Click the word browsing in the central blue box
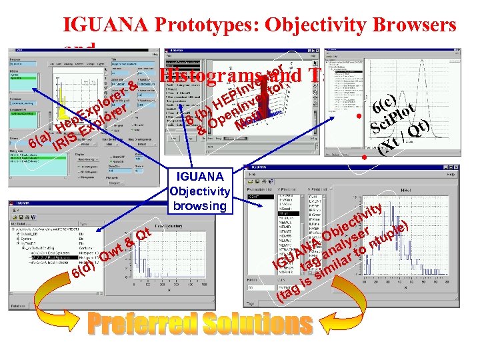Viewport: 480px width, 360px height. pos(199,205)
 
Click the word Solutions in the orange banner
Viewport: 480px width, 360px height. pos(257,325)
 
